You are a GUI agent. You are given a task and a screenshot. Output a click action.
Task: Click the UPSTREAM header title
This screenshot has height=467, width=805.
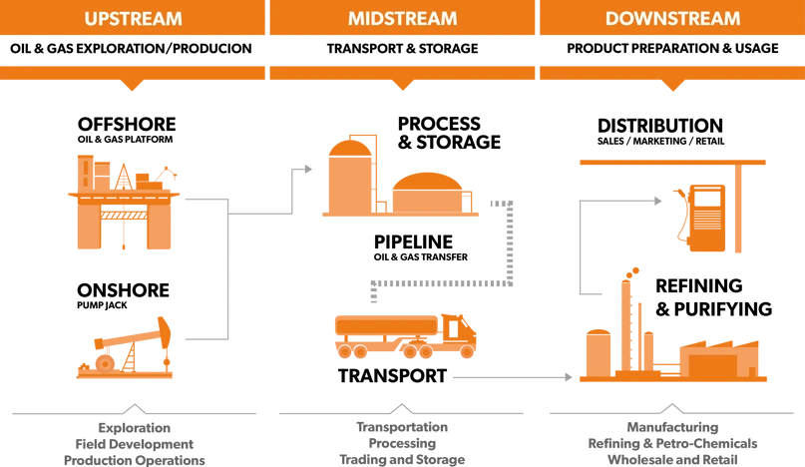pyautogui.click(x=133, y=19)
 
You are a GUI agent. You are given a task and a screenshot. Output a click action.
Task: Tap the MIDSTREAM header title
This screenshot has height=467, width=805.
pyautogui.click(x=403, y=19)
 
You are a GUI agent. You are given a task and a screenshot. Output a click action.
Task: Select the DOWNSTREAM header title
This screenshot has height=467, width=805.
pyautogui.click(x=672, y=19)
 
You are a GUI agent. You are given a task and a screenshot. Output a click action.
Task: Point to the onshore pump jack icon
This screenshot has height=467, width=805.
pyautogui.click(x=125, y=348)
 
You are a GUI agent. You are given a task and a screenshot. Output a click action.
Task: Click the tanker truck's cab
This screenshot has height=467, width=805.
pyautogui.click(x=459, y=334)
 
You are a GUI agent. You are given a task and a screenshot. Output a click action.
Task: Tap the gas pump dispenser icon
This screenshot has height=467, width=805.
pyautogui.click(x=702, y=218)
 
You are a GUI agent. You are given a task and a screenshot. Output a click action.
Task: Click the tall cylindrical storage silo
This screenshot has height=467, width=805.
pyautogui.click(x=349, y=178)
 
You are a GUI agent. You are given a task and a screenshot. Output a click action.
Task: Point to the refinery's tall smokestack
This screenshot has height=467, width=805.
pyautogui.click(x=625, y=324)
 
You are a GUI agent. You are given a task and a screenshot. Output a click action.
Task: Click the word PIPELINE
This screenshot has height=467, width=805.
pyautogui.click(x=413, y=241)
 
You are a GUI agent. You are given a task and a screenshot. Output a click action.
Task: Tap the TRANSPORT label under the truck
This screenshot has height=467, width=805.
pyautogui.click(x=392, y=376)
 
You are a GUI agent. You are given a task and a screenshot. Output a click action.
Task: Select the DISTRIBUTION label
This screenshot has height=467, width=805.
pyautogui.click(x=660, y=126)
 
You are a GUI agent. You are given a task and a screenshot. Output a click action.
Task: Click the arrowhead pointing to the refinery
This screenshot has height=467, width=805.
pyautogui.click(x=569, y=377)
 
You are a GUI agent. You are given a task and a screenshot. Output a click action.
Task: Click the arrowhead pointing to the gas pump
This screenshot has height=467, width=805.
pyautogui.click(x=658, y=201)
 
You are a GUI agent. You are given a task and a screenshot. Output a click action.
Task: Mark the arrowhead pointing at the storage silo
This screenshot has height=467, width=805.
pyautogui.click(x=308, y=169)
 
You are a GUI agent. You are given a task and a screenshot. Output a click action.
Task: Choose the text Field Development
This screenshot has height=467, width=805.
pyautogui.click(x=135, y=444)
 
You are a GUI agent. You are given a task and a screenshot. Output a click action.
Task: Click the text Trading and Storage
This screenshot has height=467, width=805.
pyautogui.click(x=402, y=459)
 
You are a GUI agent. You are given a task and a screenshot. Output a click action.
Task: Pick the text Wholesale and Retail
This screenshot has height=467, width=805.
pyautogui.click(x=672, y=460)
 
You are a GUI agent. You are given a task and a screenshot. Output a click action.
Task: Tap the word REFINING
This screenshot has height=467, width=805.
pyautogui.click(x=698, y=285)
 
